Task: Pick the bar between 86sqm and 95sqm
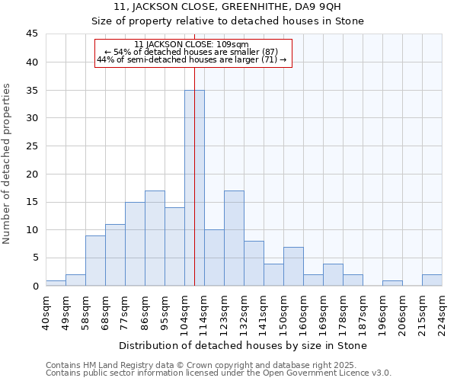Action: pyautogui.click(x=155, y=238)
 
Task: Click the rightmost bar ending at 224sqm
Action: pyautogui.click(x=432, y=280)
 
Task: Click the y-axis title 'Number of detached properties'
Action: pyautogui.click(x=8, y=164)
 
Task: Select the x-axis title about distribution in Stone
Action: pyautogui.click(x=244, y=345)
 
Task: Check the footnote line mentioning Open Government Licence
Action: pyautogui.click(x=219, y=373)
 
